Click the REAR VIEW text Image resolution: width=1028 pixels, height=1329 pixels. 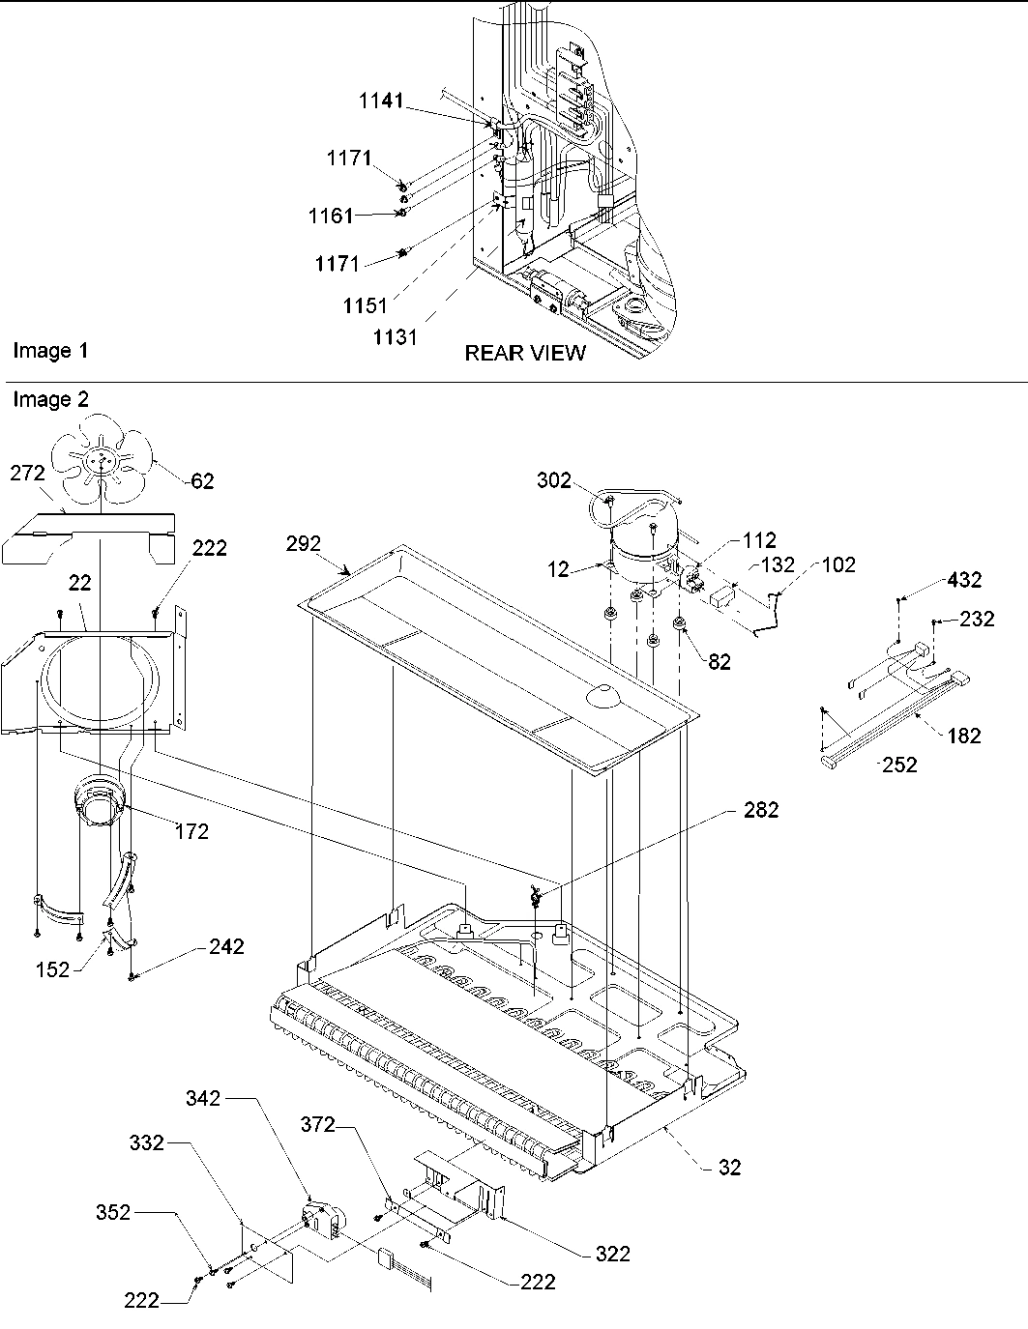pyautogui.click(x=525, y=354)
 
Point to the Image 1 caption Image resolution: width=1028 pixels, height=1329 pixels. pyautogui.click(x=50, y=351)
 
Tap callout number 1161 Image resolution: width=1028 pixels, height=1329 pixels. pyautogui.click(x=331, y=217)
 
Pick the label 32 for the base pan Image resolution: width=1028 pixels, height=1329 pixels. pyautogui.click(x=730, y=1168)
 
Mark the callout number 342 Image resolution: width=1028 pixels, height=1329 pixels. pyautogui.click(x=202, y=1099)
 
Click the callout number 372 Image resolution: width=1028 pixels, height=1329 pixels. pyautogui.click(x=317, y=1124)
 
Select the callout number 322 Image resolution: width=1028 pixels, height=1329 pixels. pyautogui.click(x=612, y=1254)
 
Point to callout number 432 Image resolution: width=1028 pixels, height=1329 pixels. pyautogui.click(x=963, y=580)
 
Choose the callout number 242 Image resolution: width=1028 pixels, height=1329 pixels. pyautogui.click(x=226, y=947)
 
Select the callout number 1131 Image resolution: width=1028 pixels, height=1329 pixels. pyautogui.click(x=398, y=337)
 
